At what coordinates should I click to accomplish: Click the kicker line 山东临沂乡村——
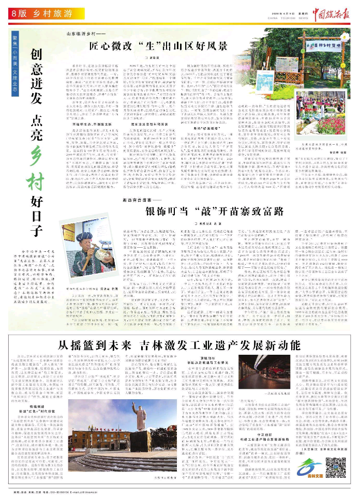[83, 34]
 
